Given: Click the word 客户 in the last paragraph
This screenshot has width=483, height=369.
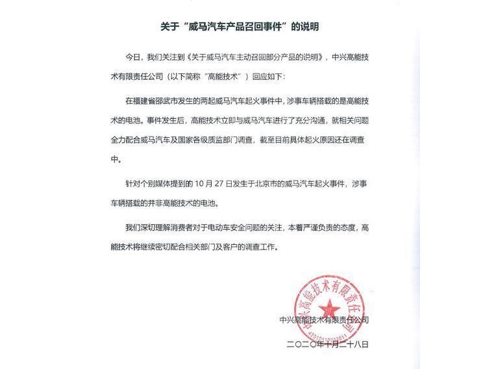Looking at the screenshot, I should click(x=262, y=246).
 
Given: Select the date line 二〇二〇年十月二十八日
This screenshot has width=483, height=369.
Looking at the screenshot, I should click(x=328, y=344).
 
